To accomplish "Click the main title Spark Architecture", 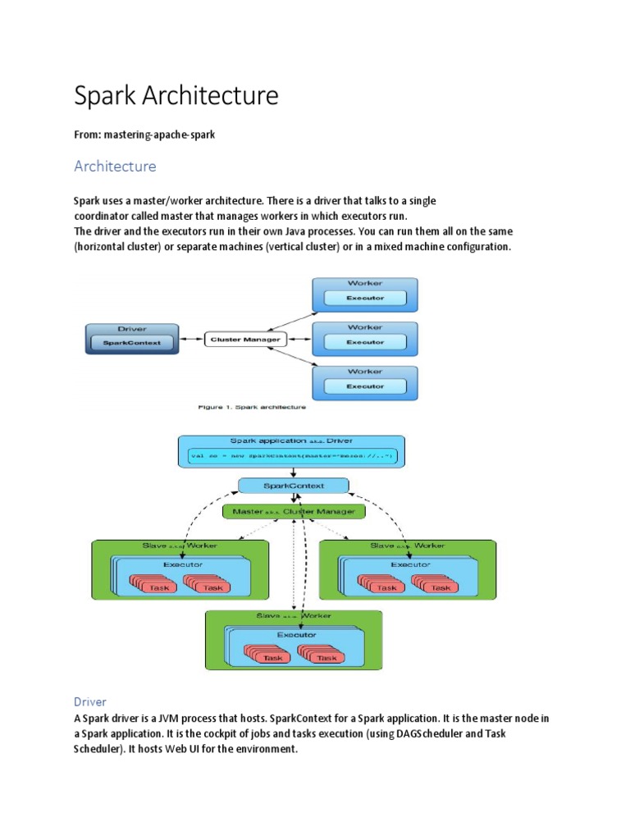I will (176, 96).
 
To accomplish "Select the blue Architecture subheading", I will (115, 167).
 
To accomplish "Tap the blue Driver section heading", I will (90, 702).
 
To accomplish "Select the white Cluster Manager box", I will (245, 340).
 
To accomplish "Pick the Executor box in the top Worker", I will (365, 298).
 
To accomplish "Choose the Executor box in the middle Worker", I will (365, 342).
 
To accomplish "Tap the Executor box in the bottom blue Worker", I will (365, 386).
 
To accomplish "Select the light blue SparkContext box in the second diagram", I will (293, 486).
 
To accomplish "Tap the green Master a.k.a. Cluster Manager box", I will (293, 511).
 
